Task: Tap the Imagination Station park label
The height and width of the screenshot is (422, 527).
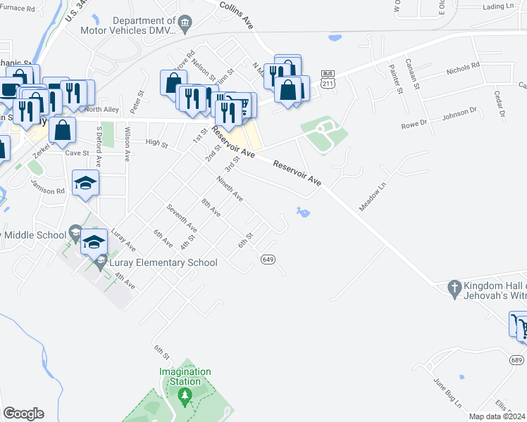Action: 185,376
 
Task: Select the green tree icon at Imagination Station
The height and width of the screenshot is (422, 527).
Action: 185,397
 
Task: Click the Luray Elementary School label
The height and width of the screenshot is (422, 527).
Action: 163,263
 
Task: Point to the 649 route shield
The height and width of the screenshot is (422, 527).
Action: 267,259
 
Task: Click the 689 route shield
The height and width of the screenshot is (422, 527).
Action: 517,359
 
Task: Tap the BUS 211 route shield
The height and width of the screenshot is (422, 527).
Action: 327,79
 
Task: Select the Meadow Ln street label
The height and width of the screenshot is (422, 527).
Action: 373,196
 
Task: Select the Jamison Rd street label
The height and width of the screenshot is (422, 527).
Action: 47,186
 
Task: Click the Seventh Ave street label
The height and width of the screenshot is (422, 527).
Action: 181,218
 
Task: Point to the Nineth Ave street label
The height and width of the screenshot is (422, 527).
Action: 230,188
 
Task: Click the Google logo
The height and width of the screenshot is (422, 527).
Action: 23,414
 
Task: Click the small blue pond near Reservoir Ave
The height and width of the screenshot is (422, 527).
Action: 304,212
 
